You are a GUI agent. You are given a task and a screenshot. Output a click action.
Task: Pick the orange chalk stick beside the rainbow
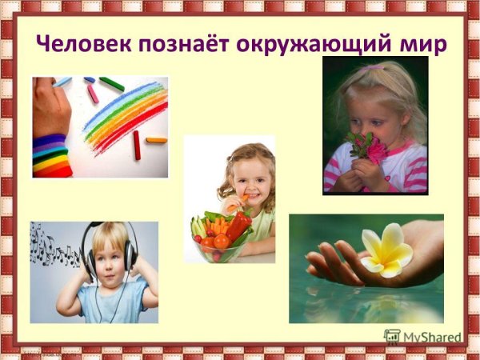(x=156, y=140)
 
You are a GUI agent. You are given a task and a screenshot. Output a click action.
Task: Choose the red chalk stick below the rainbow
(x=136, y=146)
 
